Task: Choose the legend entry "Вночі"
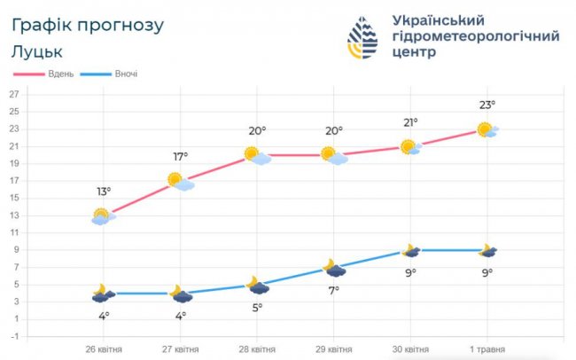(x=125, y=74)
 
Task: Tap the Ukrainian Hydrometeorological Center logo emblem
(x=364, y=38)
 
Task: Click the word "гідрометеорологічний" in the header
(x=475, y=36)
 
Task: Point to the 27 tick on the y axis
(x=14, y=95)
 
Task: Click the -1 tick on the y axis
(x=14, y=336)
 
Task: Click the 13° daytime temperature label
(x=105, y=192)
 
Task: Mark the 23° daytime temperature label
(x=487, y=106)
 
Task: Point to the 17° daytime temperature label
(x=180, y=157)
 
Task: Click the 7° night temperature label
(x=334, y=290)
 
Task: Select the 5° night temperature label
(x=257, y=307)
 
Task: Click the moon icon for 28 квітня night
(x=257, y=285)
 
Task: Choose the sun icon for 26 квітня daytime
(x=103, y=215)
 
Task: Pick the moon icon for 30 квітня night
(x=410, y=251)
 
